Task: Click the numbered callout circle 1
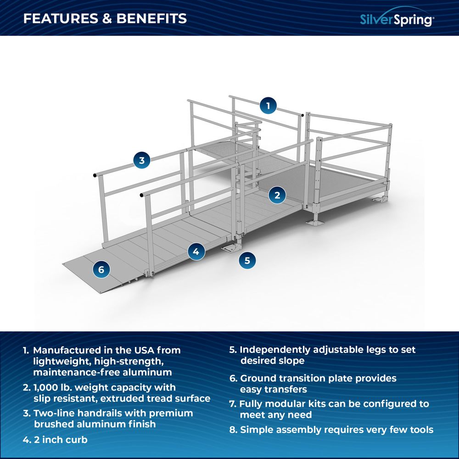(268, 106)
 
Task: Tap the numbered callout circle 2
(277, 195)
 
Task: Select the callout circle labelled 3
(142, 160)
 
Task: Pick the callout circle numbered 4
(196, 251)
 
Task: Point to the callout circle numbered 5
(247, 260)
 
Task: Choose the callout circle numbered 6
(101, 269)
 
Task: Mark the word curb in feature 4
(77, 439)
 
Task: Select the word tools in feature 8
(420, 430)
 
